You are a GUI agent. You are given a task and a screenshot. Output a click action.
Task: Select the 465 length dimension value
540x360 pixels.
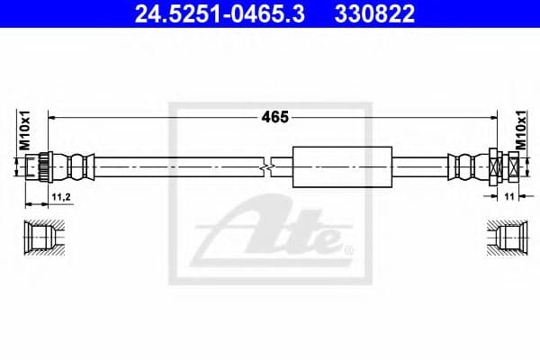tap(270, 116)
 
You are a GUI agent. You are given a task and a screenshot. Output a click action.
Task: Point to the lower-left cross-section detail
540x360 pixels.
tap(40, 238)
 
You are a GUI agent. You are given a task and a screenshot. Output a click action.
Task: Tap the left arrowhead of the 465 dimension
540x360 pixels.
tap(51, 116)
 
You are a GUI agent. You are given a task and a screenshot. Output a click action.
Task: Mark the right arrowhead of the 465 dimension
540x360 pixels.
tap(491, 116)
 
